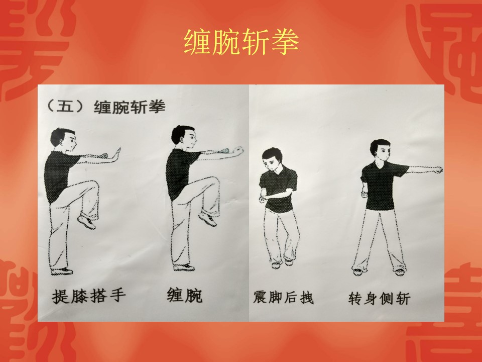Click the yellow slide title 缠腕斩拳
pyautogui.click(x=241, y=42)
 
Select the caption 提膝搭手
pyautogui.click(x=89, y=296)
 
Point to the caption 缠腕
pyautogui.click(x=184, y=295)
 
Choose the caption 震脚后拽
pyautogui.click(x=283, y=297)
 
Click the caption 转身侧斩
pyautogui.click(x=380, y=298)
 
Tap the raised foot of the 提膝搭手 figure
pyautogui.click(x=87, y=221)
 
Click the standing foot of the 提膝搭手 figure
pyautogui.click(x=62, y=271)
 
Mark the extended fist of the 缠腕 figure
pyautogui.click(x=238, y=150)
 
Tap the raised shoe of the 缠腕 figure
pyautogui.click(x=207, y=218)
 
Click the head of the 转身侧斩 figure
pyautogui.click(x=381, y=151)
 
